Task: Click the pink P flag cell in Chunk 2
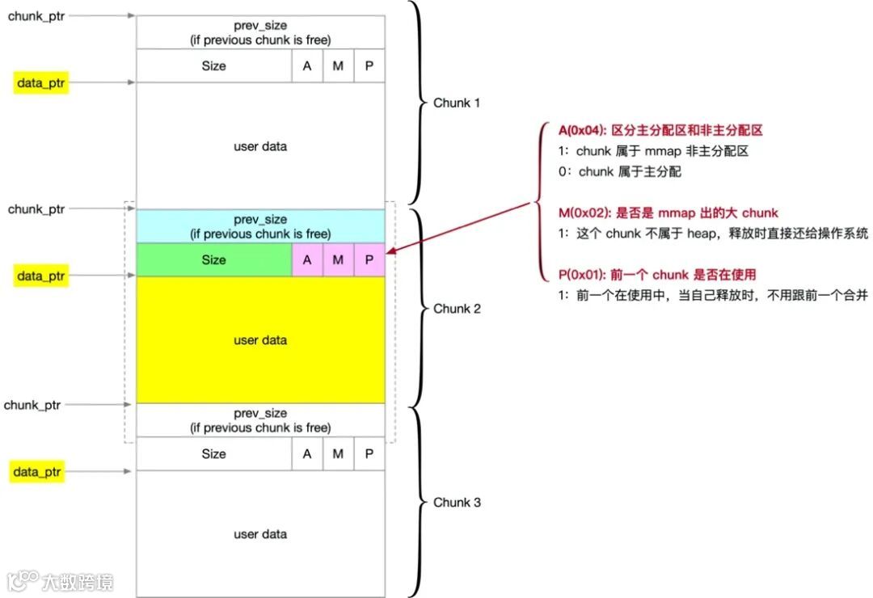(369, 260)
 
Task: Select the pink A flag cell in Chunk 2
(307, 260)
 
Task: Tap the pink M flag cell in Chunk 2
(338, 260)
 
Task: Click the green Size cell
(214, 260)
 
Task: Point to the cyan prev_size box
(260, 226)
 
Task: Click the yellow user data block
(260, 340)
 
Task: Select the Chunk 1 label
(457, 103)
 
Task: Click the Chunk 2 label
(457, 309)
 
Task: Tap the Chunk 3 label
(457, 503)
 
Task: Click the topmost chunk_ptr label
(36, 15)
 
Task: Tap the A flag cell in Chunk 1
(307, 66)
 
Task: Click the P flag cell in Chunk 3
(369, 454)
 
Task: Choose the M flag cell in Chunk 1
(338, 66)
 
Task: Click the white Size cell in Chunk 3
(214, 454)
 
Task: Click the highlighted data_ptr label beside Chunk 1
(40, 82)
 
